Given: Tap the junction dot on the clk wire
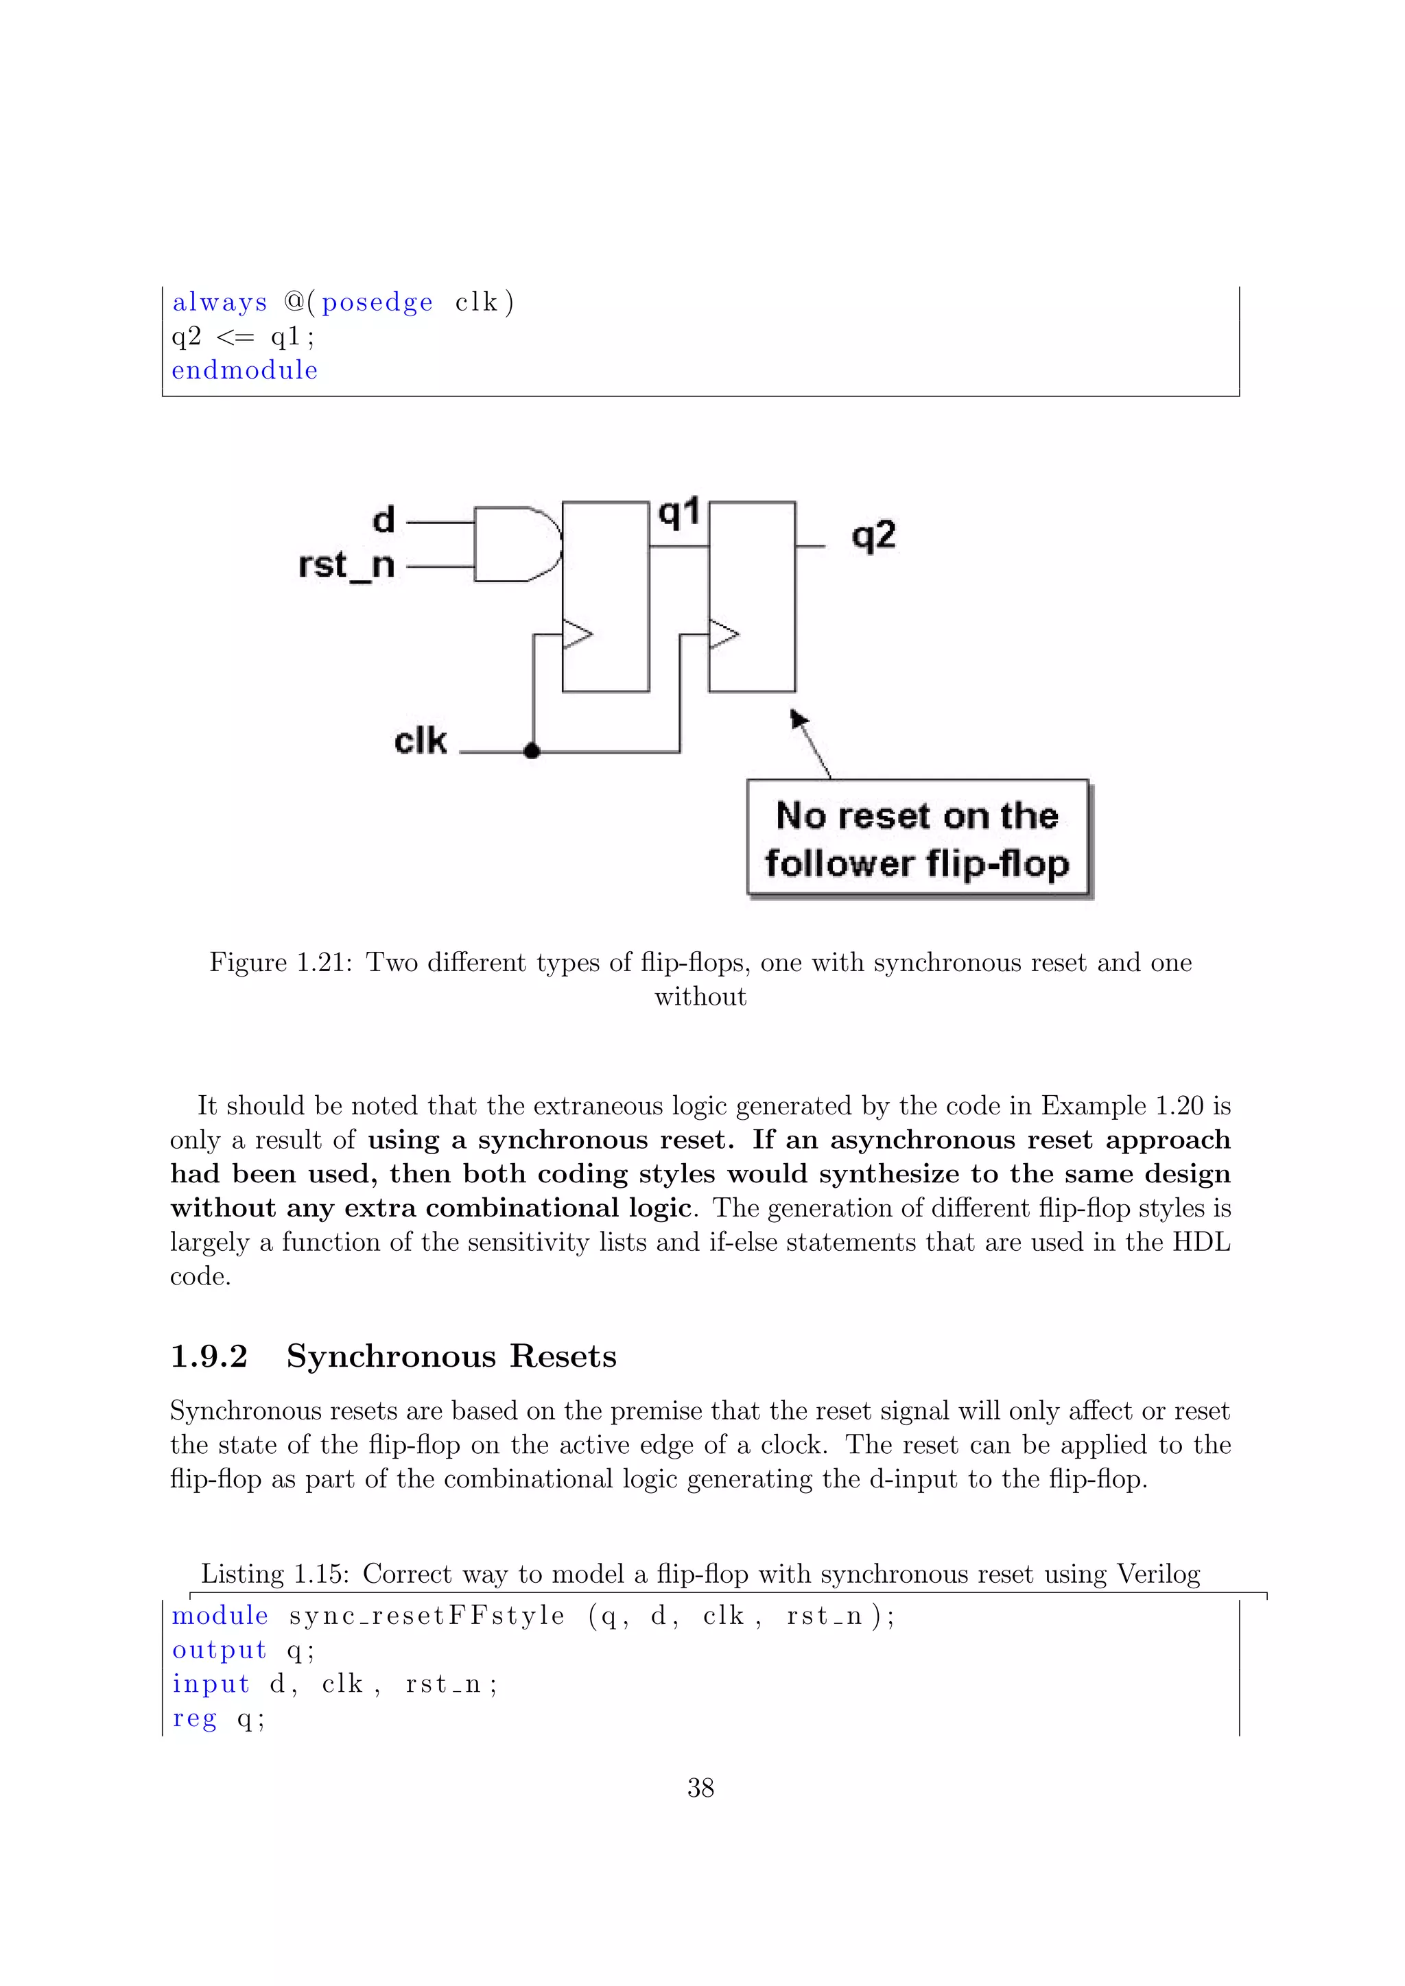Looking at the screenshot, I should point(533,751).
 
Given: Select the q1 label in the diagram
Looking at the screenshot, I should point(679,514).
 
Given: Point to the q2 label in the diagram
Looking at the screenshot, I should point(873,536).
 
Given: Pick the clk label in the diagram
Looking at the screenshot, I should point(421,741).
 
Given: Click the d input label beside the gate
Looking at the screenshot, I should point(383,521).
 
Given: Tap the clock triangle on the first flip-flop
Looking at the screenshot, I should point(577,634).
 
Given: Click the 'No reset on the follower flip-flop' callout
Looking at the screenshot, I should point(918,839).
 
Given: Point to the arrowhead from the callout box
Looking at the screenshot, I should point(799,719).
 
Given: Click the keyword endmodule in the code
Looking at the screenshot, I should point(245,370).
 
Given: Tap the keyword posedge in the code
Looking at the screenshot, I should point(377,302).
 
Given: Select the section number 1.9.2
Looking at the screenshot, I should point(209,1356).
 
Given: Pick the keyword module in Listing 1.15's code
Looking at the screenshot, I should point(220,1616).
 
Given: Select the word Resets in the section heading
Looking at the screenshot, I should point(563,1356).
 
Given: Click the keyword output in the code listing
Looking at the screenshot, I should point(219,1651).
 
